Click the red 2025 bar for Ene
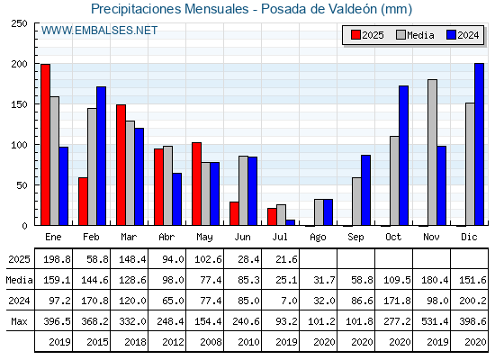point(45,145)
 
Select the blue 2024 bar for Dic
point(479,144)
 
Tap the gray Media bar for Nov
point(432,152)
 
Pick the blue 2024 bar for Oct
point(404,156)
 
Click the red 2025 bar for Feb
point(83,202)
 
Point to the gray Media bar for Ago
point(319,212)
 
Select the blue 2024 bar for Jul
point(290,222)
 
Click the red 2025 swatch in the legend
point(355,35)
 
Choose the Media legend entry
point(415,35)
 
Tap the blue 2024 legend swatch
point(451,35)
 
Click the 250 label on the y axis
point(19,23)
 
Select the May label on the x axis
point(205,238)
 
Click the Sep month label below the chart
point(355,238)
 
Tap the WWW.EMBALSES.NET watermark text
point(99,31)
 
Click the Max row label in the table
point(19,321)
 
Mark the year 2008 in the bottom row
point(211,342)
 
